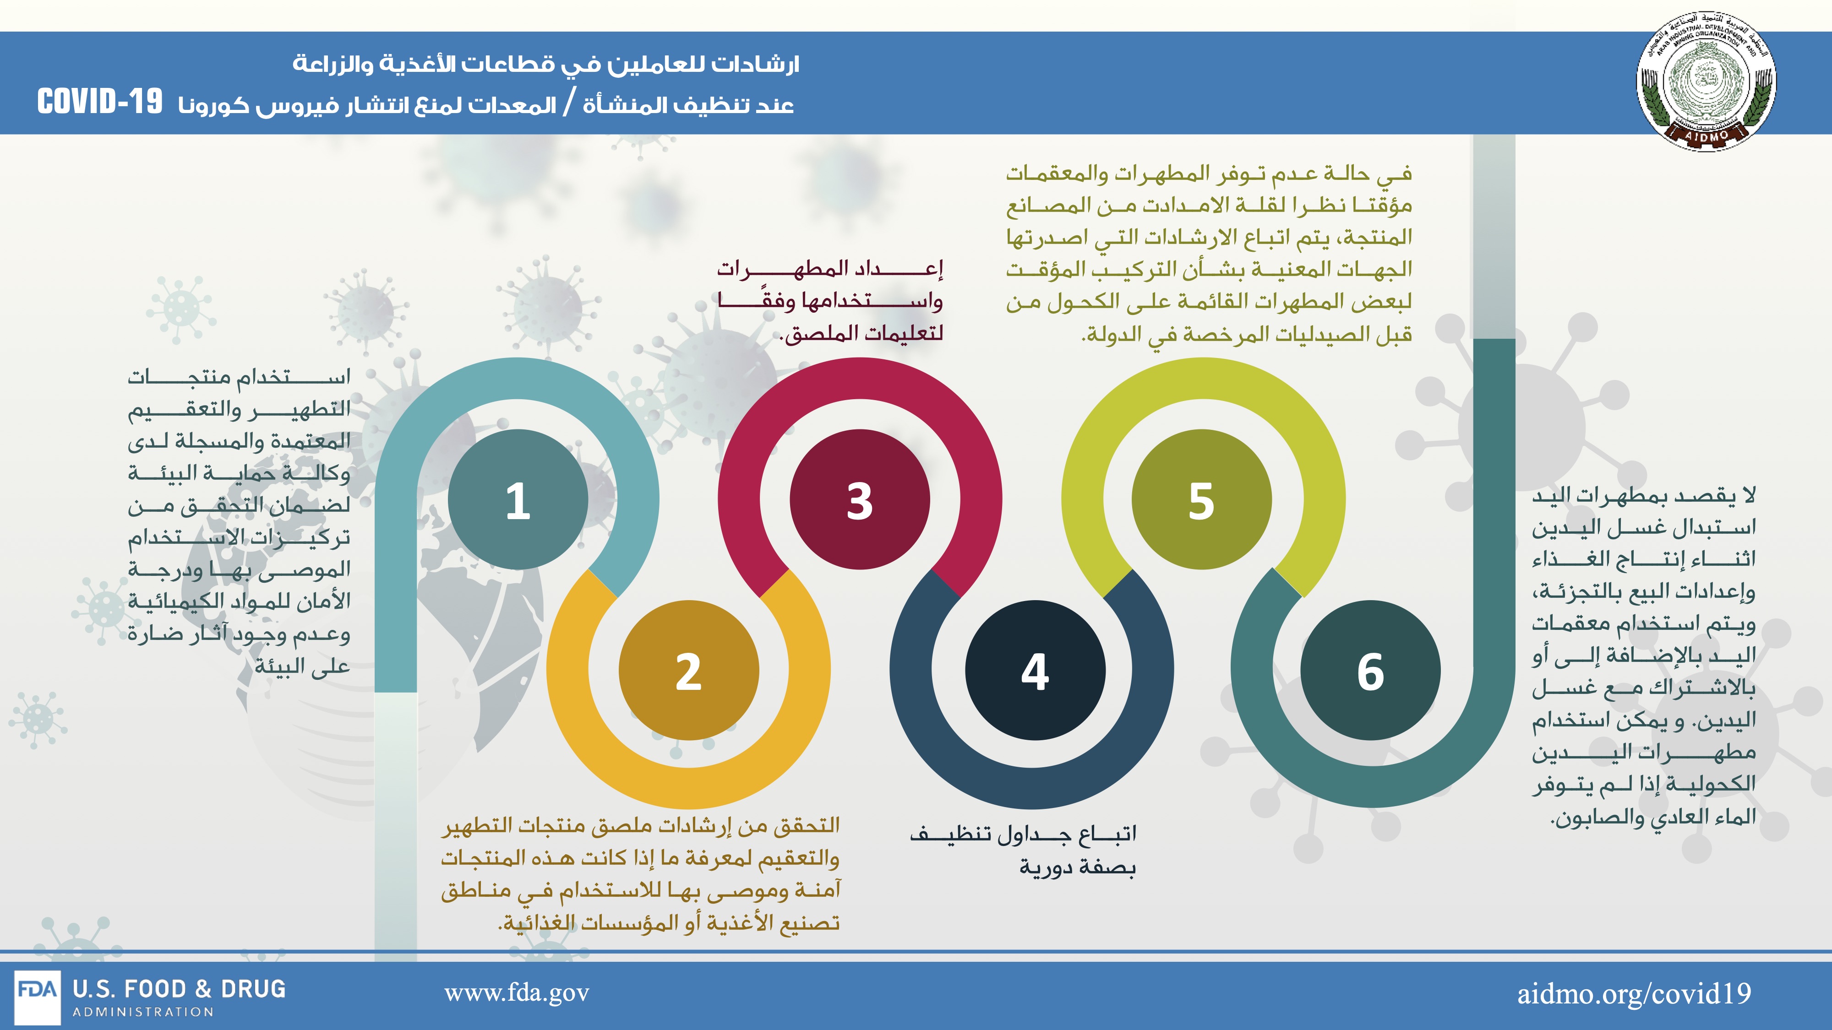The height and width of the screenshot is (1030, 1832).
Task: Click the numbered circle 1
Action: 518,499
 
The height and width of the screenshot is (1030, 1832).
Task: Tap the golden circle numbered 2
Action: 688,670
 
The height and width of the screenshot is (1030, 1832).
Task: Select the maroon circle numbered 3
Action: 860,499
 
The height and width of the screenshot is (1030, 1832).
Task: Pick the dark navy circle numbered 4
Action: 1035,670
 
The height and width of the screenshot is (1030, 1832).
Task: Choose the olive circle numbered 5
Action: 1201,499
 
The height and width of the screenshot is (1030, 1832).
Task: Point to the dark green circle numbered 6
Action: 1370,670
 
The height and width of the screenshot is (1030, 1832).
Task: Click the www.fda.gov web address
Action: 517,993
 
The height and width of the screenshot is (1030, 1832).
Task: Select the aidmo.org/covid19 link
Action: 1634,993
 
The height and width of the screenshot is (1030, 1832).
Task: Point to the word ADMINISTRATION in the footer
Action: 143,1012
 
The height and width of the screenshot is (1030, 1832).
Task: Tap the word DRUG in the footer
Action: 253,989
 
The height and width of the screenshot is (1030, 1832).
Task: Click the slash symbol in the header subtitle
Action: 569,104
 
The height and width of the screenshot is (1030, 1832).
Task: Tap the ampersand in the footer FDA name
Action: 203,989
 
